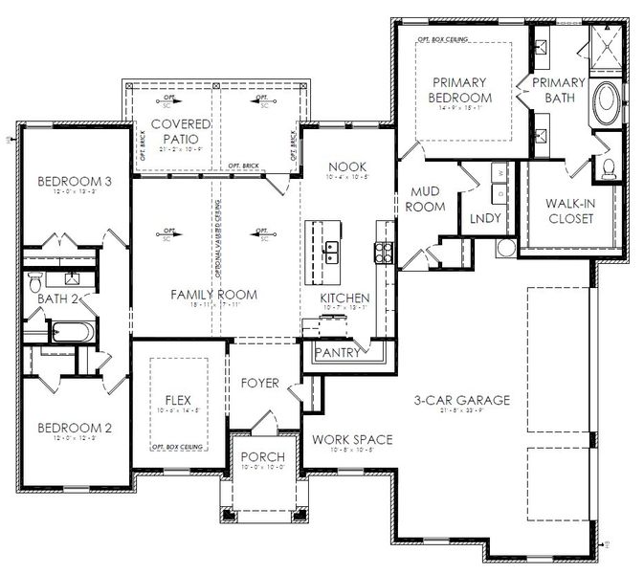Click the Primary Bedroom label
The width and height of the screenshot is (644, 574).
(460, 90)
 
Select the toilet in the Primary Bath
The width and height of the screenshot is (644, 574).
(609, 169)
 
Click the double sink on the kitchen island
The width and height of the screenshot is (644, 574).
(332, 252)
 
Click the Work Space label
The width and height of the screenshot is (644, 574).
(352, 439)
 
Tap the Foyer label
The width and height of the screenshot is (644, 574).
(259, 384)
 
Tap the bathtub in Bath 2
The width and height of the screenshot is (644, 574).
(71, 334)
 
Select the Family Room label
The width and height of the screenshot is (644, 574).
(213, 295)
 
